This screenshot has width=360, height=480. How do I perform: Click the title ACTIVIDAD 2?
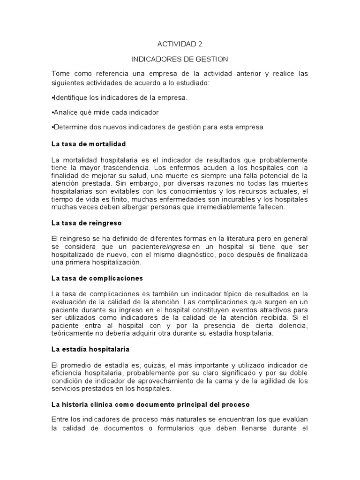180,44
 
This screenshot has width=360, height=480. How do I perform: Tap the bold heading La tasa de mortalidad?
88,143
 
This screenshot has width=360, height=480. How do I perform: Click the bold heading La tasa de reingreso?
86,223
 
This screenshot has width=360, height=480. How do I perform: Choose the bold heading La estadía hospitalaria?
90,349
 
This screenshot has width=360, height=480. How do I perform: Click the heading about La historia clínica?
150,404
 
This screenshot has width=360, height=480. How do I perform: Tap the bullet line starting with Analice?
105,112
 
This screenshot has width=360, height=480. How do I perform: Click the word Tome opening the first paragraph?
60,74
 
